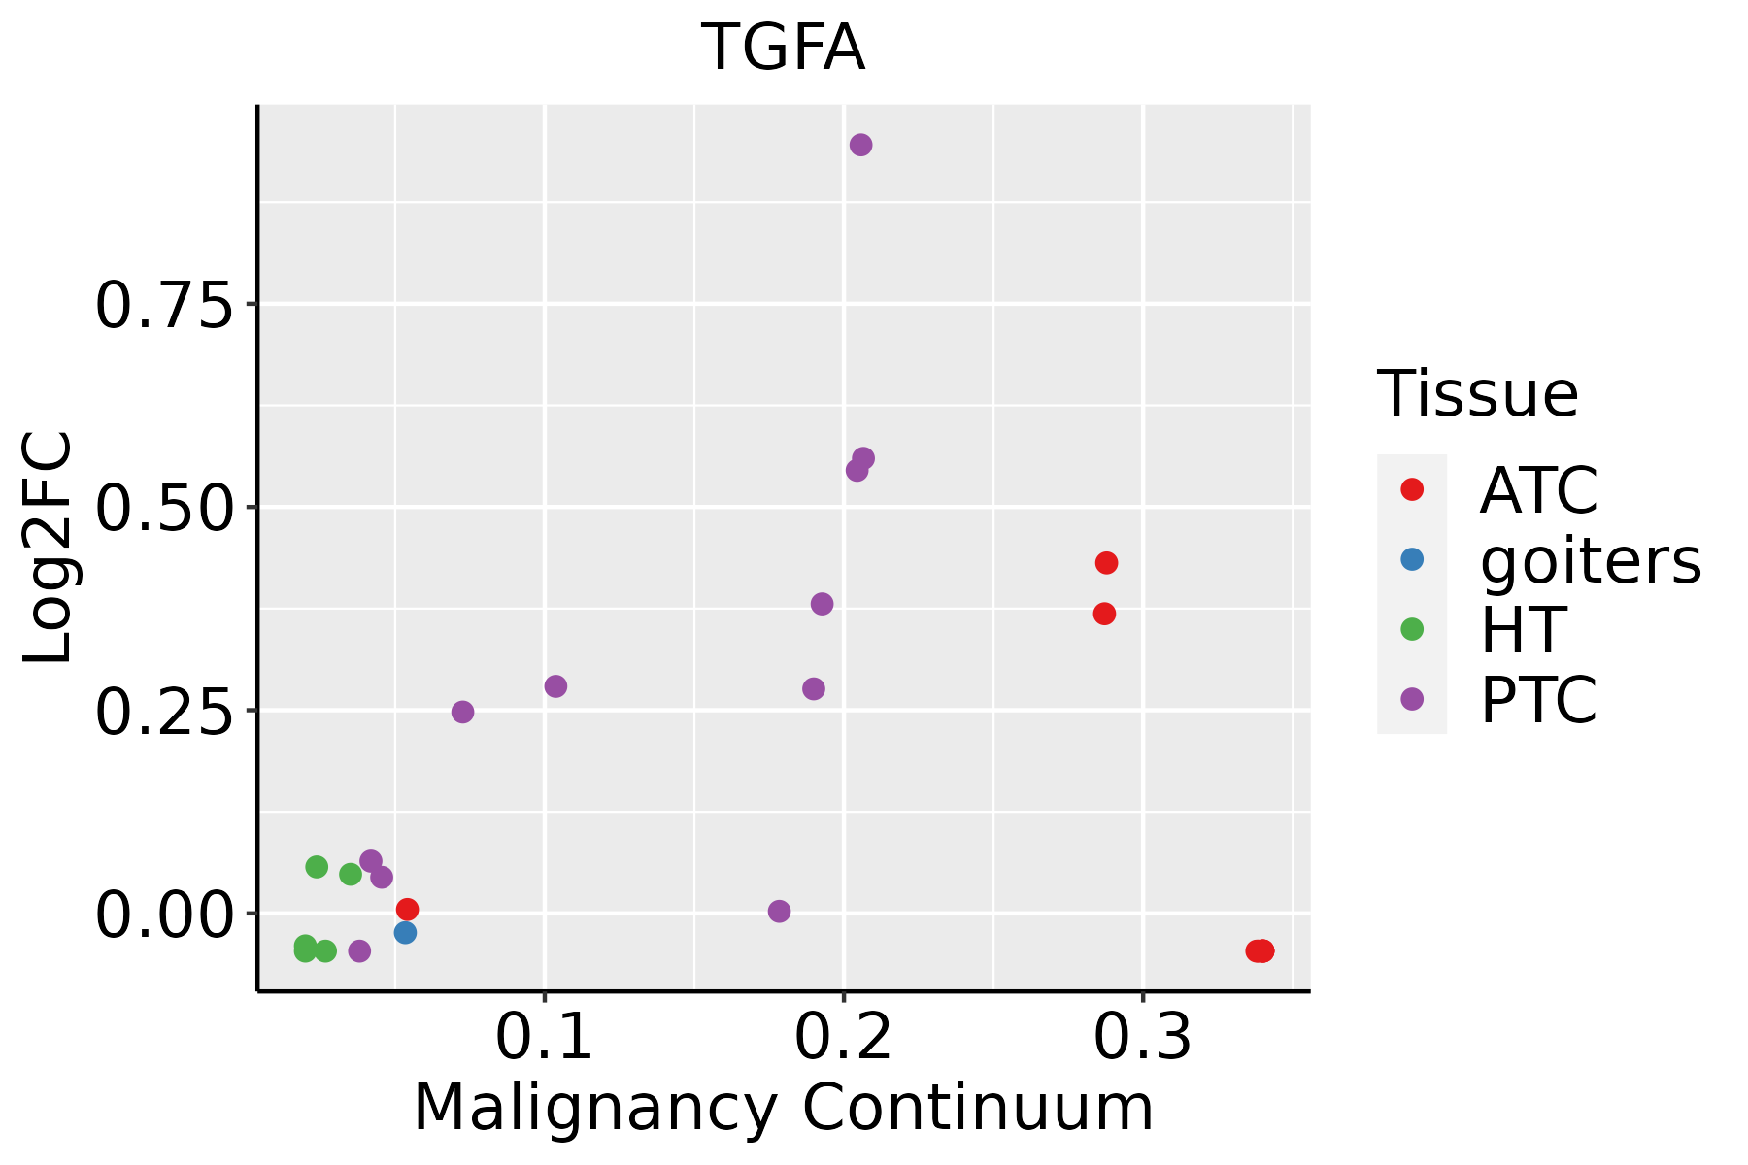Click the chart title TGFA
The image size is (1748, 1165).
click(x=783, y=49)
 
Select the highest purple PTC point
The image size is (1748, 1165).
click(x=860, y=146)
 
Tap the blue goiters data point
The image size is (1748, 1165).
click(x=406, y=933)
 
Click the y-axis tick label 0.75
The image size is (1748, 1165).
click(x=165, y=308)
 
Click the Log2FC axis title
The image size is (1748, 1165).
click(x=49, y=548)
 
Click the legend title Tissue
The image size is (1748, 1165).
click(x=1478, y=394)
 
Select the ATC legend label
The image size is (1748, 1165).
click(x=1538, y=490)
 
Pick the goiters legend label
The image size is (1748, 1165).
click(x=1591, y=560)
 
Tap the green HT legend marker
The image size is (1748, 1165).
click(x=1412, y=629)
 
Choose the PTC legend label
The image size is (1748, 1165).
click(x=1538, y=700)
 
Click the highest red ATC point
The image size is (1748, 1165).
click(x=1106, y=563)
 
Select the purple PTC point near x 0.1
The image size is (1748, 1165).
click(x=555, y=686)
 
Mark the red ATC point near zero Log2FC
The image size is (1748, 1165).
click(x=408, y=909)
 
